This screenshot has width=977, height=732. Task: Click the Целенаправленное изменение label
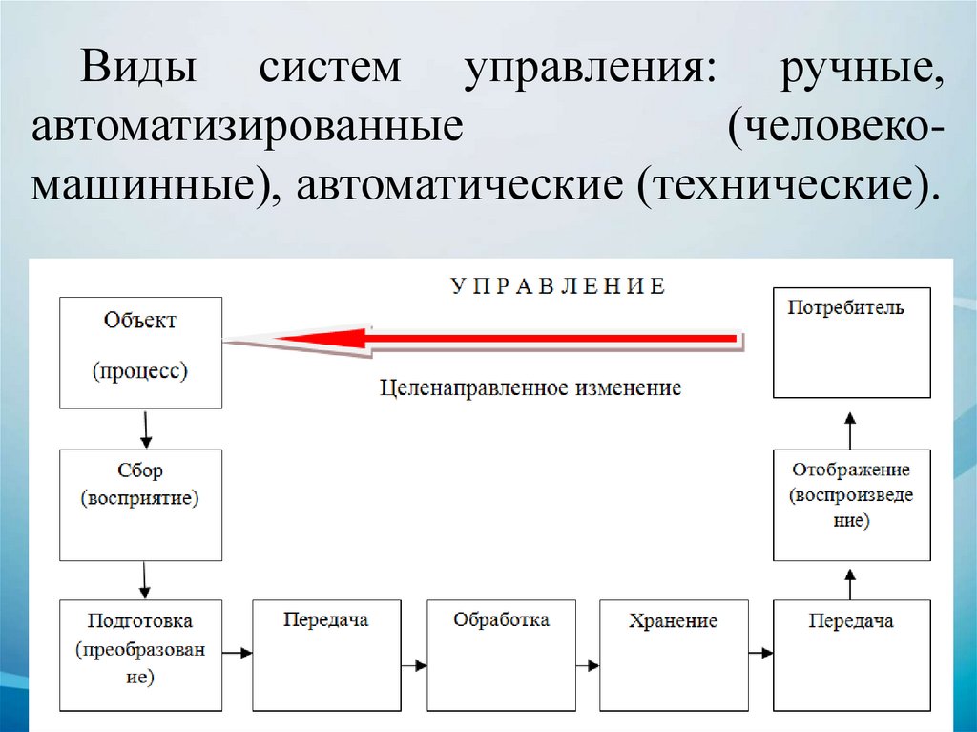530,387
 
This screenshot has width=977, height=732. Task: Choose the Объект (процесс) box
140,352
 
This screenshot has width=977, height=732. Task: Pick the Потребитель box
851,342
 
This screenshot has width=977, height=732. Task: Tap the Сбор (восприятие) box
140,505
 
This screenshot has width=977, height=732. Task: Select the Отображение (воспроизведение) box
851,505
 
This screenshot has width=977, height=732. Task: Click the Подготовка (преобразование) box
140,654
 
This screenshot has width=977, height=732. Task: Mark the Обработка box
501,654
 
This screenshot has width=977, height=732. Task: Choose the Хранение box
674,654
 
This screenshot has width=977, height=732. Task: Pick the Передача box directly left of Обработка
326,654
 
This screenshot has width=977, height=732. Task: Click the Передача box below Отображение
851,654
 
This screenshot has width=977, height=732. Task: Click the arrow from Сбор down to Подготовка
145,579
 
